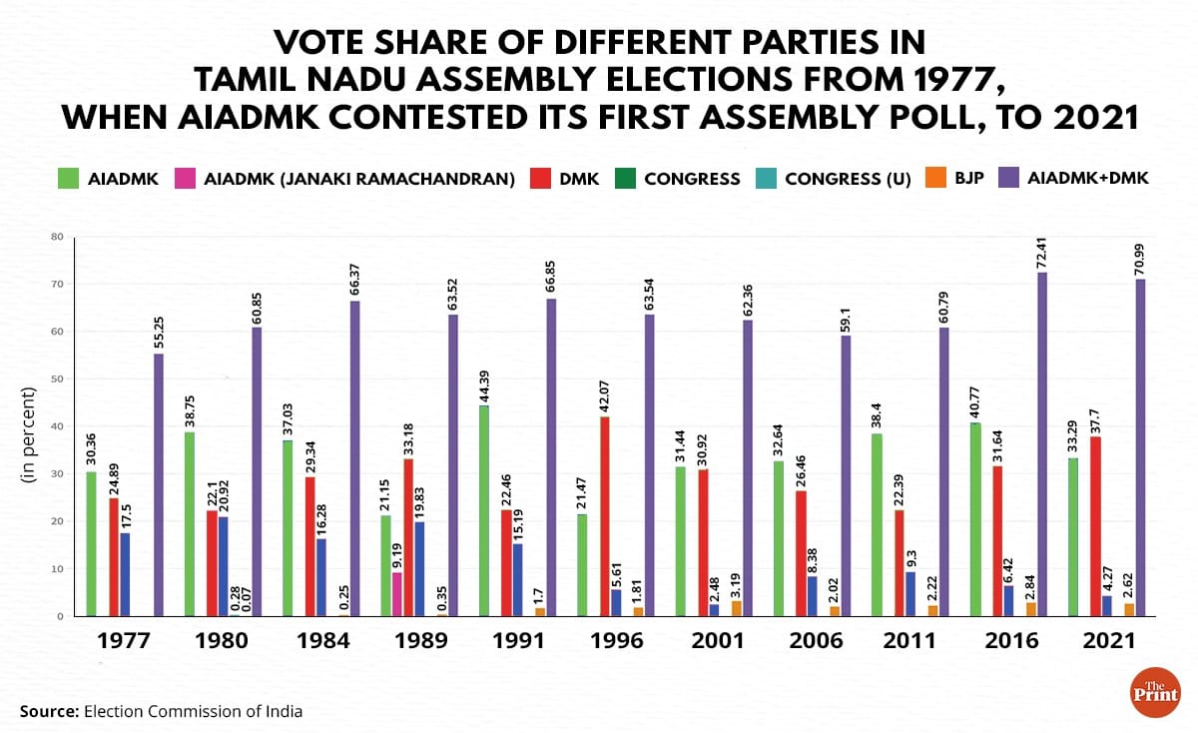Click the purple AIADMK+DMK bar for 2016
[x=1042, y=444]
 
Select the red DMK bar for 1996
[x=604, y=516]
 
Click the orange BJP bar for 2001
[x=737, y=608]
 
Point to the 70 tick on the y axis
[x=57, y=285]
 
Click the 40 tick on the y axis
[x=57, y=426]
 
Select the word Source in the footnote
[x=49, y=712]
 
